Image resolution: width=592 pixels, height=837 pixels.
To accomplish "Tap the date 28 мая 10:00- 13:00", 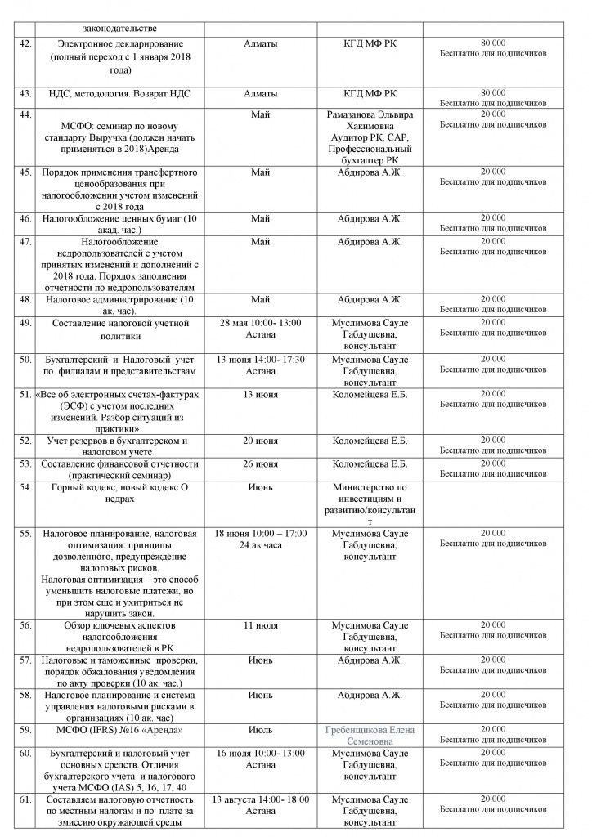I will click(x=257, y=323).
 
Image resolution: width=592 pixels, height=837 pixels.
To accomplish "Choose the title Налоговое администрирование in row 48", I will click(x=120, y=299).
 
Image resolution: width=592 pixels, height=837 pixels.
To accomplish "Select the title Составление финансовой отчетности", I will click(x=121, y=464).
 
